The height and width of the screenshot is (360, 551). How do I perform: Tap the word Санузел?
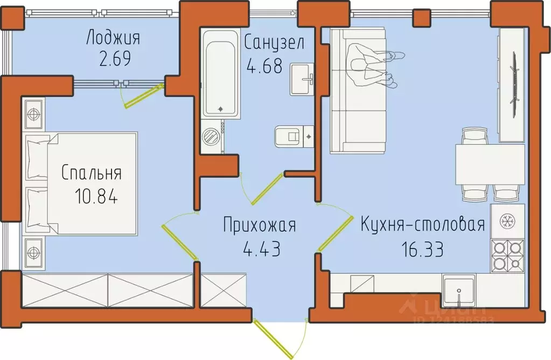point(275,41)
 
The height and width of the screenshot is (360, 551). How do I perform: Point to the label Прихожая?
point(260,226)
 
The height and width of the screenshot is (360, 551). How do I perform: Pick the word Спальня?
point(91,174)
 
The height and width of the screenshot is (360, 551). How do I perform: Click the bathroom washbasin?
point(303,79)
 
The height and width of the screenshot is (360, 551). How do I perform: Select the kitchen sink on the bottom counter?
point(458,290)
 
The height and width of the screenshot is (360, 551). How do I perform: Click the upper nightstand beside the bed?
point(34,114)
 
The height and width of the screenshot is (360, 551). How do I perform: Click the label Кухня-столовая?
point(423,225)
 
